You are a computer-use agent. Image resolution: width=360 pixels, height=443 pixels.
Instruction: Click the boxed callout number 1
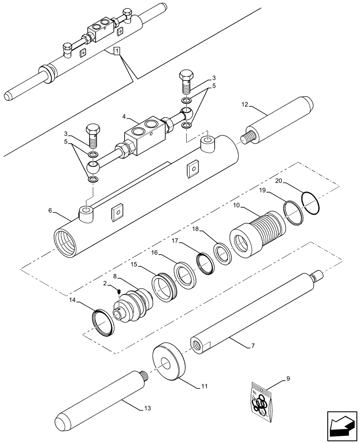[x=116, y=51]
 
